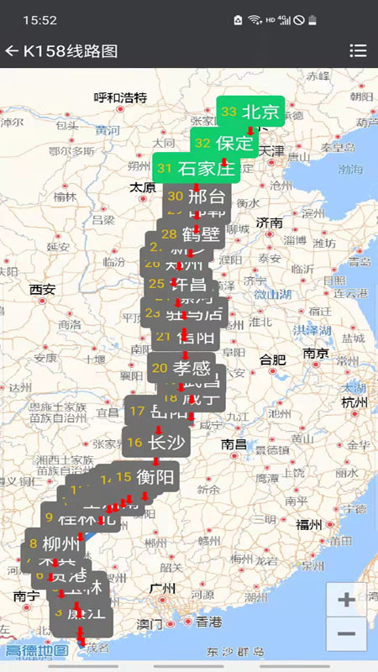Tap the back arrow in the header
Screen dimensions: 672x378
click(12, 51)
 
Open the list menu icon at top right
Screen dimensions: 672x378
click(358, 51)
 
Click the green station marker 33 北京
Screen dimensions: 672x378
click(250, 112)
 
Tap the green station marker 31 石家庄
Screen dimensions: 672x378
click(196, 168)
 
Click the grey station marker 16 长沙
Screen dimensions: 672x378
click(155, 443)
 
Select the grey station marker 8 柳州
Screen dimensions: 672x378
click(50, 542)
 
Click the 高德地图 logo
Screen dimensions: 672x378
click(37, 650)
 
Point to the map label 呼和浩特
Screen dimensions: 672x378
click(120, 97)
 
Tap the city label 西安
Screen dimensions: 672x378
click(42, 290)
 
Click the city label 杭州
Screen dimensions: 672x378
click(354, 402)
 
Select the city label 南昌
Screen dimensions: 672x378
click(234, 444)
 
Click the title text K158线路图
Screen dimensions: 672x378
click(71, 51)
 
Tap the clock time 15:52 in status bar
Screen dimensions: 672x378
click(39, 19)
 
